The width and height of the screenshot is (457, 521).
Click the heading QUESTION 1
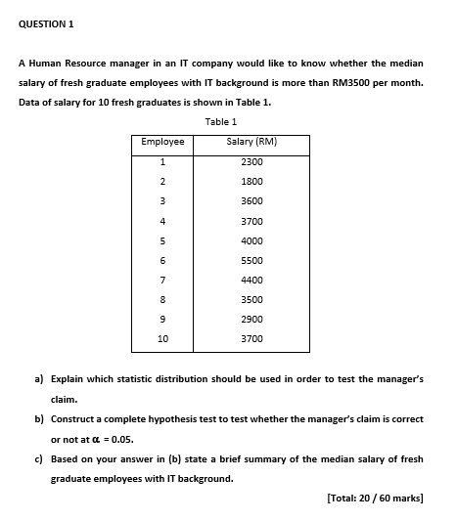click(46, 22)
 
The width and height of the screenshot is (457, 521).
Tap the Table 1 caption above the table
click(221, 121)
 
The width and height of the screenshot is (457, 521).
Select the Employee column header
click(162, 143)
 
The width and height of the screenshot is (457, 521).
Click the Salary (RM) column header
click(251, 143)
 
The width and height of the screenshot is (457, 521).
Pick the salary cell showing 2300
click(251, 161)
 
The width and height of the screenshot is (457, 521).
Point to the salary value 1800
click(251, 181)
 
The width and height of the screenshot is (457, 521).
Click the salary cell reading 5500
click(251, 260)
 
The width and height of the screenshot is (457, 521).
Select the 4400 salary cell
click(251, 280)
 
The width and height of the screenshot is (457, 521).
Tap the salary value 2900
click(251, 319)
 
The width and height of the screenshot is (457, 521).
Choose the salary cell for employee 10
click(251, 338)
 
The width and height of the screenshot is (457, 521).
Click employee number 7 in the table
click(162, 280)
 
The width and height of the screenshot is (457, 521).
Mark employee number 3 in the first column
click(162, 200)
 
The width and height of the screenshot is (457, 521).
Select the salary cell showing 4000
click(251, 240)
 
